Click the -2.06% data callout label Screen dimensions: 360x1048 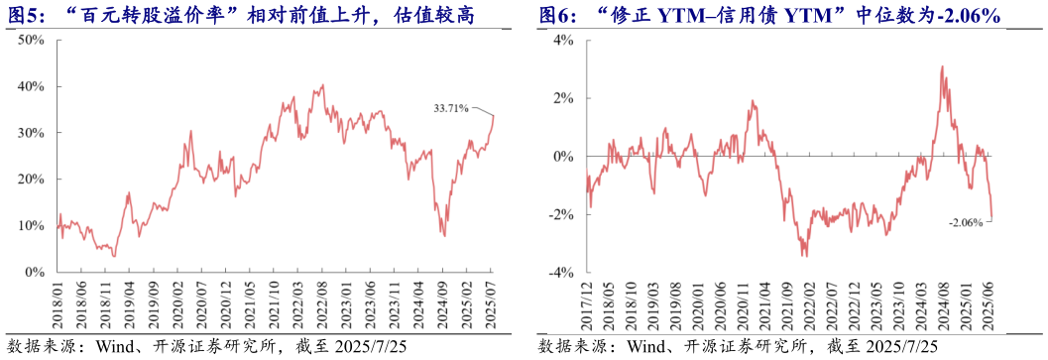click(x=965, y=223)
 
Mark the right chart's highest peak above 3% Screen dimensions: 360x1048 click(x=941, y=67)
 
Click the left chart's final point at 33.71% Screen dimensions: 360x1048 click(x=494, y=115)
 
